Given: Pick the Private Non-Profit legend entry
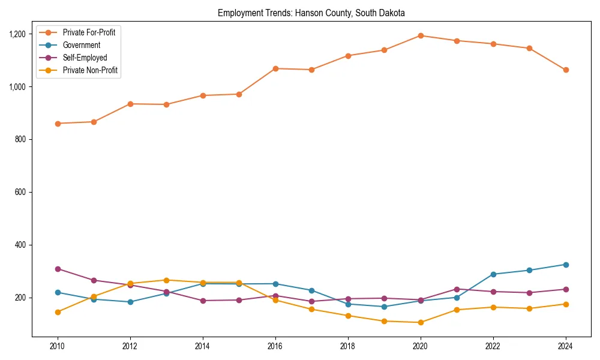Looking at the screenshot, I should pyautogui.click(x=89, y=71).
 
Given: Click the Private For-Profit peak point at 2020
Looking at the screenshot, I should pyautogui.click(x=421, y=35).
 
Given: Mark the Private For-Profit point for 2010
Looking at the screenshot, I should pyautogui.click(x=58, y=124).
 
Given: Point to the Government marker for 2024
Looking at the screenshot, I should pyautogui.click(x=566, y=265).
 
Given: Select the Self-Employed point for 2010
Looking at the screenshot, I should pyautogui.click(x=58, y=269).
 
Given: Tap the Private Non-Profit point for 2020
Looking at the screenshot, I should pyautogui.click(x=421, y=323).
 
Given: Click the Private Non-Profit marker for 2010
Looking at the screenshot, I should pyautogui.click(x=58, y=312).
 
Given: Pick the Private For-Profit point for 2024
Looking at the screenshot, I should pyautogui.click(x=566, y=70).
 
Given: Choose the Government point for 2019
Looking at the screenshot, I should pyautogui.click(x=384, y=307).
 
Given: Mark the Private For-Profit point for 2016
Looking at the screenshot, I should pyautogui.click(x=275, y=68).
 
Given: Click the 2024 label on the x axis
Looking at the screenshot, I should pyautogui.click(x=566, y=346).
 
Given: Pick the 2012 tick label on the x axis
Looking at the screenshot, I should pyautogui.click(x=130, y=346).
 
